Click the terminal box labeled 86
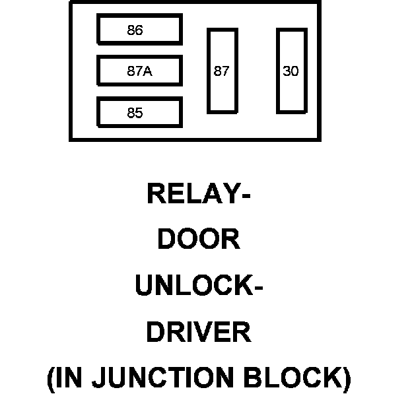139,30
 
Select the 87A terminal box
139,71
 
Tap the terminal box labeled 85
139,112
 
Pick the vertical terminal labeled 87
222,71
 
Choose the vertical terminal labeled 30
291,71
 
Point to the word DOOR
198,240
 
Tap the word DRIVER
198,332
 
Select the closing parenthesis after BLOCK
346,379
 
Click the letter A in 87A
148,71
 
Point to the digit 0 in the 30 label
294,71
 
